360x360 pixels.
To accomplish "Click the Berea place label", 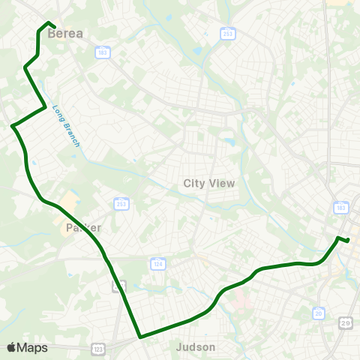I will [65, 33].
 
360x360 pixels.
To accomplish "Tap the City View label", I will [209, 183].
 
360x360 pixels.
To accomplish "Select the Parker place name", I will [82, 227].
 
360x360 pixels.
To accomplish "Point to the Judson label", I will [195, 347].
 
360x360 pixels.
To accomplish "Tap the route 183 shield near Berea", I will [102, 52].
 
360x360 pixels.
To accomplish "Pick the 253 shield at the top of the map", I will [227, 34].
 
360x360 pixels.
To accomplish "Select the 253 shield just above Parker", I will [121, 204].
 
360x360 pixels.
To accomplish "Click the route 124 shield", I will [157, 264].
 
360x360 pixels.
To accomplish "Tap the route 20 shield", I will [319, 313].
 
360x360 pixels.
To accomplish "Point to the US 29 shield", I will [346, 322].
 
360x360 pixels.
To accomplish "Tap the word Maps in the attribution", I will [33, 347].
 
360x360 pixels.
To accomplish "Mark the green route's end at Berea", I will [55, 28].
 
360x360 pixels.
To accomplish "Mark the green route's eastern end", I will [349, 240].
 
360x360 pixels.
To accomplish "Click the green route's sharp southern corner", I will [139, 337].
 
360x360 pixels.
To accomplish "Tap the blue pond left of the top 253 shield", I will [197, 51].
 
